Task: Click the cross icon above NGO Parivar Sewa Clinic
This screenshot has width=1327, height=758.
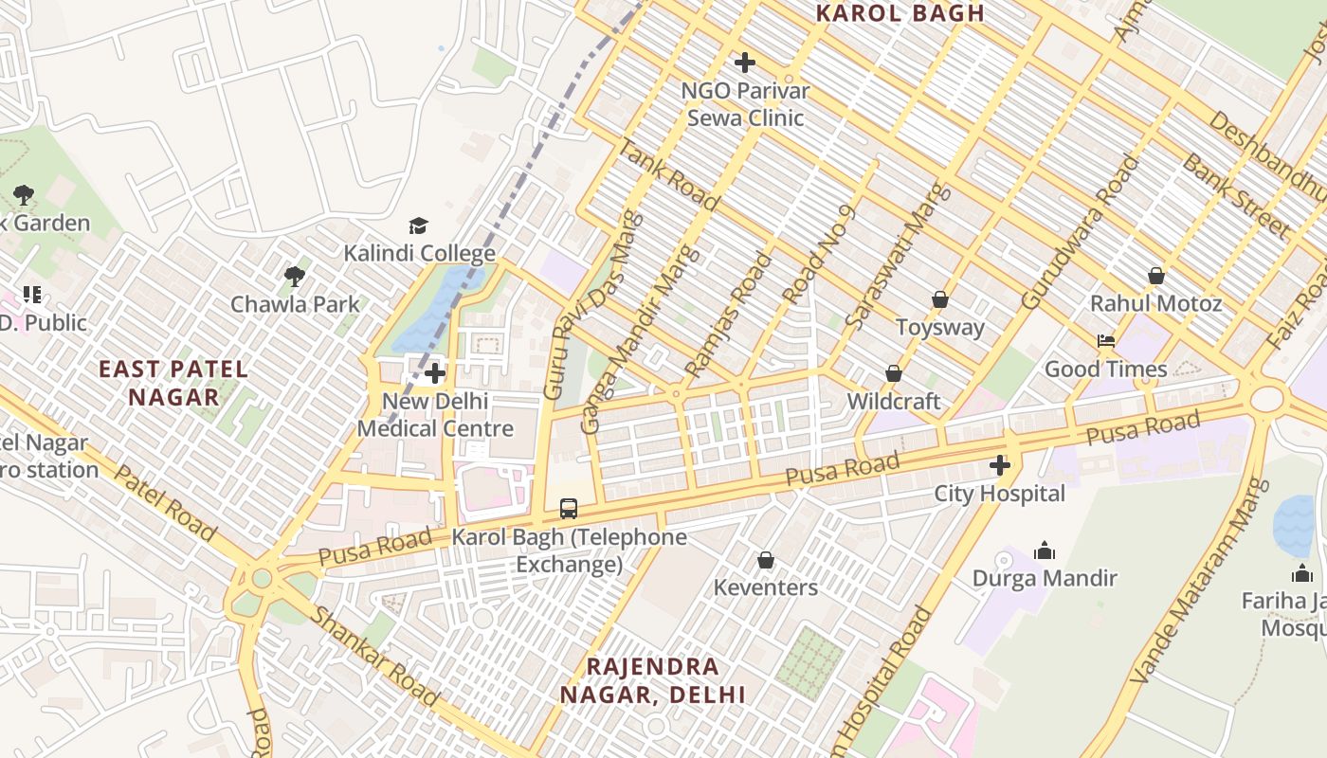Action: pos(745,63)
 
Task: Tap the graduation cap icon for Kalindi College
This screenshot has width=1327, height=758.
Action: pos(418,226)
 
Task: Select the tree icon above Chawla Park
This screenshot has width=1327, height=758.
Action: pos(295,277)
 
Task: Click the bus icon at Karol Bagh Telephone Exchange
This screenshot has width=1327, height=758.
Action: pos(568,509)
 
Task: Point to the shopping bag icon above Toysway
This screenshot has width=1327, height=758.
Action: pos(939,299)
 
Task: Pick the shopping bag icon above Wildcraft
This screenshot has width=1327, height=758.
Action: pos(893,373)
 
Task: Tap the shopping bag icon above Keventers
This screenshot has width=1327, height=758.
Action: pos(766,560)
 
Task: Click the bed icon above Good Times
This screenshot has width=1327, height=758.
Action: pos(1105,341)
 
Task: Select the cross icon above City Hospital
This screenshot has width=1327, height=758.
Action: pos(999,465)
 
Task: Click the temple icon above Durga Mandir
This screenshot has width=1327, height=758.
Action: pos(1045,550)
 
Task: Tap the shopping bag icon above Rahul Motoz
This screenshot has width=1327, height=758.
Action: pos(1155,276)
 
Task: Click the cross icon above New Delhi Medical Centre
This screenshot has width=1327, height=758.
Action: pos(435,373)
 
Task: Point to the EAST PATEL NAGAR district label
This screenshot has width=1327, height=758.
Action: pos(174,383)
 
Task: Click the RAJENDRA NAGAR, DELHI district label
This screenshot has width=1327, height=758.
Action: pos(652,680)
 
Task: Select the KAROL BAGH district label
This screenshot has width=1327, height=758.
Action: pos(900,13)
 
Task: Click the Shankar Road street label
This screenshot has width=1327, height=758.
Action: pos(375,657)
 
